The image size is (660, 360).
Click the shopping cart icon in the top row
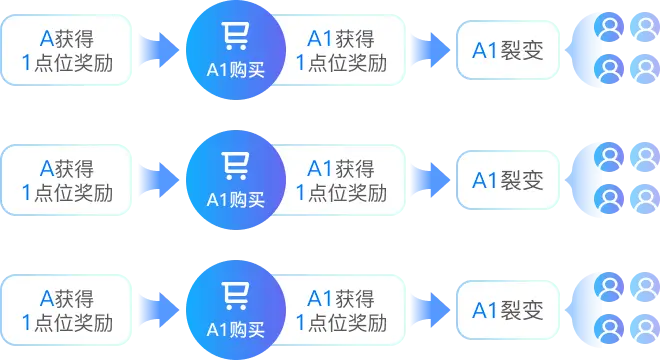pyautogui.click(x=236, y=36)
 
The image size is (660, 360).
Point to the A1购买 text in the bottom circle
pyautogui.click(x=236, y=329)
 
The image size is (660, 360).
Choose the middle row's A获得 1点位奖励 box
pyautogui.click(x=67, y=180)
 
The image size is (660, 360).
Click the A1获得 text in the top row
pyautogui.click(x=340, y=39)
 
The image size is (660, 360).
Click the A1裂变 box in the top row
pyautogui.click(x=507, y=50)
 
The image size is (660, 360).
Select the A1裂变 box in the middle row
pyautogui.click(x=507, y=180)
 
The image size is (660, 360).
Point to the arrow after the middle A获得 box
pyautogui.click(x=158, y=180)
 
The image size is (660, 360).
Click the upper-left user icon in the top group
pyautogui.click(x=607, y=26)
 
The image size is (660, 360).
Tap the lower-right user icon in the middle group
pyautogui.click(x=645, y=198)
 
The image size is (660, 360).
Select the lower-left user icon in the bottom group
pyautogui.click(x=607, y=328)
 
